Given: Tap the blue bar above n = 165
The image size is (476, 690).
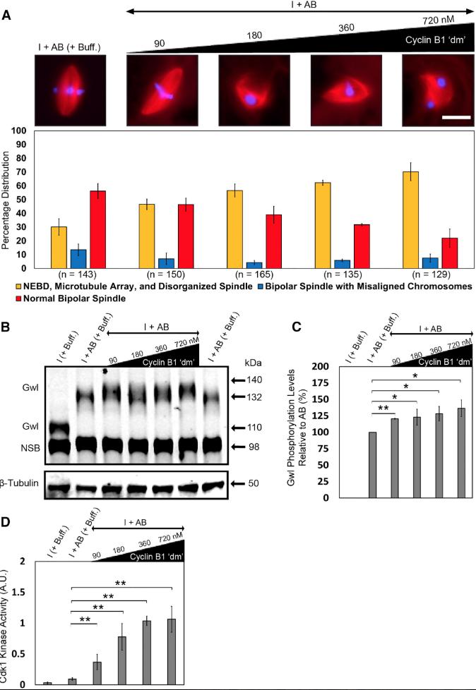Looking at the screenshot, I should click(255, 265).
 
